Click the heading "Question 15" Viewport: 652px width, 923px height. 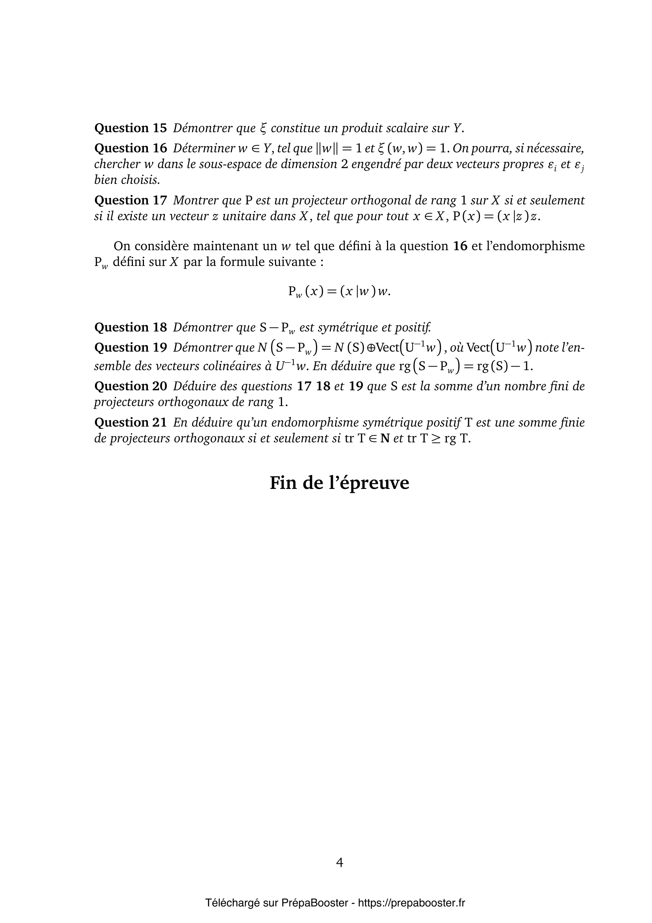click(130, 128)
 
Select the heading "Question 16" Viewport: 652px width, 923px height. click(130, 148)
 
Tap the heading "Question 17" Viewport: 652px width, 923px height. click(130, 200)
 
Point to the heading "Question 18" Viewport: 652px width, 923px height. click(130, 327)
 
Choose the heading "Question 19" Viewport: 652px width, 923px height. click(130, 347)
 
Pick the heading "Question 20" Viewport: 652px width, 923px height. click(130, 386)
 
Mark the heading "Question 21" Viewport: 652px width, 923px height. click(130, 423)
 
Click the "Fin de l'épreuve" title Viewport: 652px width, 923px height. click(339, 483)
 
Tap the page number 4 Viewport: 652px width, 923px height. click(340, 863)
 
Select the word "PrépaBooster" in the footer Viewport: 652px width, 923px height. click(314, 903)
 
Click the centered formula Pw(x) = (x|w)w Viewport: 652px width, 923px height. click(339, 291)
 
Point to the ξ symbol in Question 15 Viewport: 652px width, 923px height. click(263, 129)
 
